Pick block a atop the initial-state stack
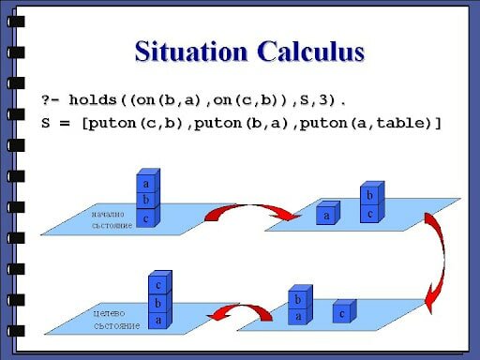[145, 184]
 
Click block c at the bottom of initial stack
[145, 217]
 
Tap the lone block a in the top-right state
[326, 215]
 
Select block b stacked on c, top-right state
[369, 195]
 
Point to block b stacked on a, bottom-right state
[298, 299]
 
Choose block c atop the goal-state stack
[158, 285]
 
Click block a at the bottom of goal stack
[158, 320]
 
